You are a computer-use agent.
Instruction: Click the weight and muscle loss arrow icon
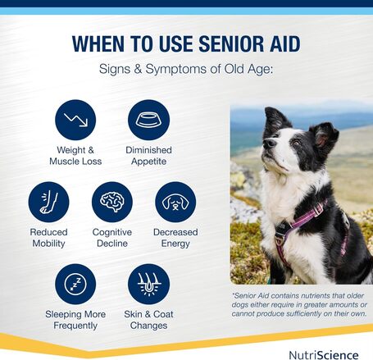(x=75, y=120)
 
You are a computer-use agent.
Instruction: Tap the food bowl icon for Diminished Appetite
(x=148, y=120)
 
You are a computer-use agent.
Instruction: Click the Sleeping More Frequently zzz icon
(x=75, y=284)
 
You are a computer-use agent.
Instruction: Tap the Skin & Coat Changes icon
(x=148, y=284)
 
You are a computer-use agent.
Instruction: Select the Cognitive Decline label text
(x=111, y=238)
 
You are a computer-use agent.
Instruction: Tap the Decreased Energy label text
(x=175, y=238)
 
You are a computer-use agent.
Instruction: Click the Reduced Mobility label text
(x=48, y=238)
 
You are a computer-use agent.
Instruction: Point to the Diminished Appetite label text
(x=148, y=156)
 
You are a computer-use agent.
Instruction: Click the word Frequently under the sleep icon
(x=75, y=325)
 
